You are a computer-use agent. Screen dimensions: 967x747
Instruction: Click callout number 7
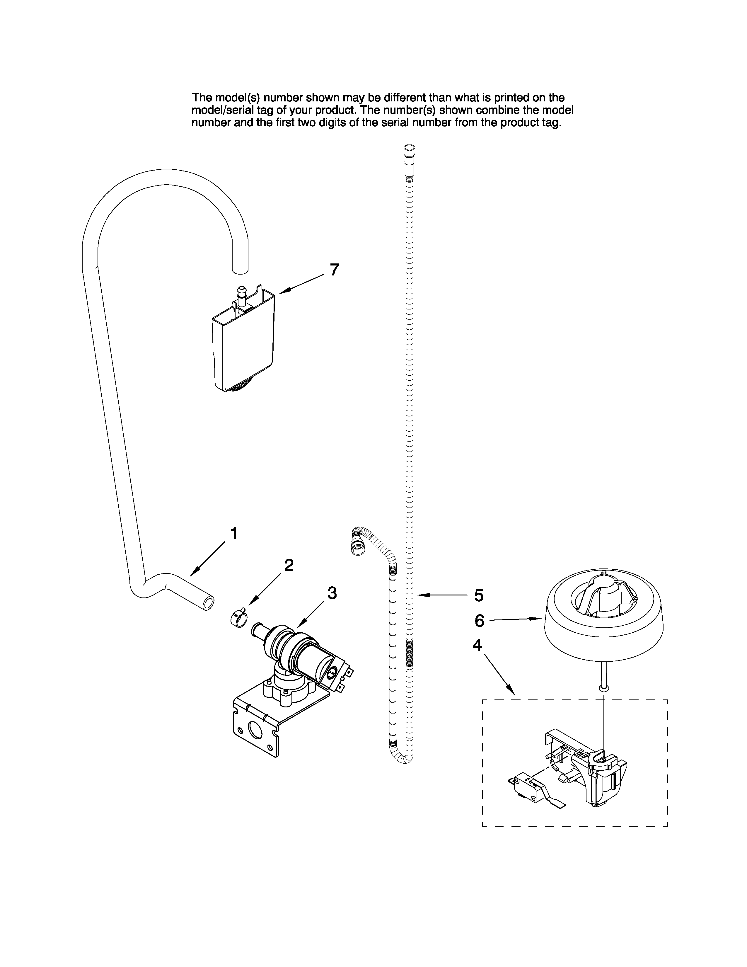coord(335,269)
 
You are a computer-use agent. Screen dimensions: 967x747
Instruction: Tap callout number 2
coord(289,566)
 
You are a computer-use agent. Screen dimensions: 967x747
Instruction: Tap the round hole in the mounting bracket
coord(255,730)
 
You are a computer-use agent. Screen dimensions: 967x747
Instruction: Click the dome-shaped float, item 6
coord(603,615)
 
